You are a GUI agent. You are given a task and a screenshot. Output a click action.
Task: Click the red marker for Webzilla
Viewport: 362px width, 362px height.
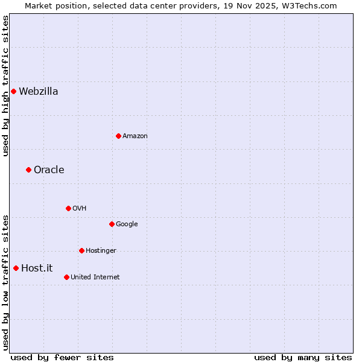(x=13, y=92)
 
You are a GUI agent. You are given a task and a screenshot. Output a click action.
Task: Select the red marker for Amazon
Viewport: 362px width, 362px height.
(x=118, y=136)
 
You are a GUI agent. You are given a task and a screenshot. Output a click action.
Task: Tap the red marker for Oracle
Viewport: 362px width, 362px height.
(x=28, y=170)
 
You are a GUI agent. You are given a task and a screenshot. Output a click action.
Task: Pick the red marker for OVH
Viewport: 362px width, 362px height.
(x=68, y=208)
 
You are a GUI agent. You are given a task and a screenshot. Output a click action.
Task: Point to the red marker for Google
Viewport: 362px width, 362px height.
(x=112, y=224)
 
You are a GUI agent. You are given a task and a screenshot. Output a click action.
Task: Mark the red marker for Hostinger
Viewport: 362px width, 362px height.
(x=81, y=250)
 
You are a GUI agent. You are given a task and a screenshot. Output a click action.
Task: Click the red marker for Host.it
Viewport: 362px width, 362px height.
(x=16, y=268)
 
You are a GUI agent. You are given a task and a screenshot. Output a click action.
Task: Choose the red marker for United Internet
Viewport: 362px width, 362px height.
(x=66, y=277)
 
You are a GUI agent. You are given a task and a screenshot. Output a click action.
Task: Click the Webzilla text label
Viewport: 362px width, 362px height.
(x=39, y=92)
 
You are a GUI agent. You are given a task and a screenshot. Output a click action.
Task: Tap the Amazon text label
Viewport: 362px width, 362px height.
(x=135, y=136)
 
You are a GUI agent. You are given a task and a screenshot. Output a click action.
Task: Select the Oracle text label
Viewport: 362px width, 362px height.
(x=49, y=170)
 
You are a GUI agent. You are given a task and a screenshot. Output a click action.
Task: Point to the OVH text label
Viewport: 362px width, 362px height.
(x=80, y=209)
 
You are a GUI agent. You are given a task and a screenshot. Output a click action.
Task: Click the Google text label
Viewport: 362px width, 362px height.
(x=127, y=224)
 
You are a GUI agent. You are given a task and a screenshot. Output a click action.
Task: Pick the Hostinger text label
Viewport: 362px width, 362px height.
(x=101, y=251)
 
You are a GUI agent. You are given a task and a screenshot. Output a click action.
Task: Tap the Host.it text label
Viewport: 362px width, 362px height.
(x=37, y=268)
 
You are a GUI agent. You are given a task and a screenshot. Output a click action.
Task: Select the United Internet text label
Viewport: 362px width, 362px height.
(x=95, y=278)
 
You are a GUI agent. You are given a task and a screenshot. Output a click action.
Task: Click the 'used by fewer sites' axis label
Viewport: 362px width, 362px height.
(x=62, y=357)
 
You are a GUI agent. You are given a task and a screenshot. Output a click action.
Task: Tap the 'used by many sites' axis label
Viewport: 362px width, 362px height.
(x=303, y=357)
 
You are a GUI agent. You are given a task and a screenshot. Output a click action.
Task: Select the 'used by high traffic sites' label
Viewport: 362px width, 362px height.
(x=5, y=86)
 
